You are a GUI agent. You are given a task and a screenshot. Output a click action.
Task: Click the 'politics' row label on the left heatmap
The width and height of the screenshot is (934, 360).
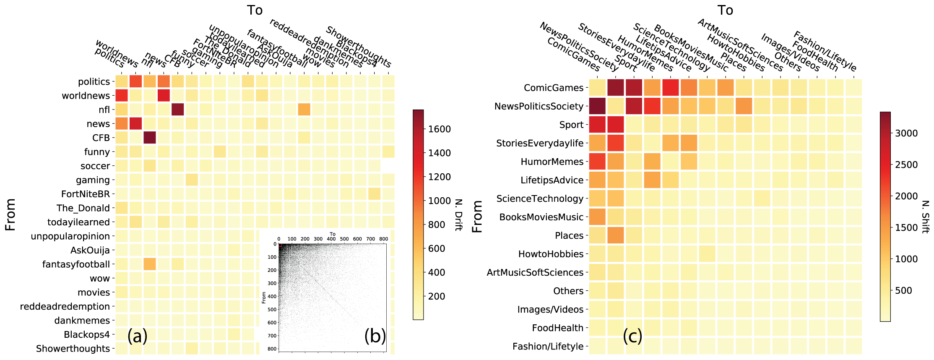(x=94, y=81)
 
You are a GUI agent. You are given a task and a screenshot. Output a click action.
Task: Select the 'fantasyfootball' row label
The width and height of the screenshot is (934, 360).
(x=76, y=264)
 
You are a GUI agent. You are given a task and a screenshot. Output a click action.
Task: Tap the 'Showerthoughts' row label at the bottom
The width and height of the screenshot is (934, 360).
(x=73, y=349)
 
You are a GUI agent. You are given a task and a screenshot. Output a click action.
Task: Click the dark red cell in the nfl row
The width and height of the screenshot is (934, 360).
(x=177, y=110)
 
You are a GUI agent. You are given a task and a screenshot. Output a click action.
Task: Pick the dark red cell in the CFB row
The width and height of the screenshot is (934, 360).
(x=149, y=138)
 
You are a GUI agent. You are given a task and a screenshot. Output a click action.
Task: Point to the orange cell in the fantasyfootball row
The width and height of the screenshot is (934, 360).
(x=149, y=264)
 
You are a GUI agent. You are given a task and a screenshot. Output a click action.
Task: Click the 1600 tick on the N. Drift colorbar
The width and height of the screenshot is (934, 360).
(x=439, y=129)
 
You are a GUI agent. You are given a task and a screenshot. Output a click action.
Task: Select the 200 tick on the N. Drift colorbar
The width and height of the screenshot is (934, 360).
(x=436, y=296)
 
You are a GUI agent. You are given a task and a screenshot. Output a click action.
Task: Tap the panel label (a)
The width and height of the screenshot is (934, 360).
(x=137, y=336)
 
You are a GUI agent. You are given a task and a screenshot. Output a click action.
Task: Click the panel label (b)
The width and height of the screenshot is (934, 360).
(x=375, y=336)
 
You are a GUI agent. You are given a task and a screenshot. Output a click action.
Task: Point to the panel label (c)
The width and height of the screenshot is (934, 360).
(x=632, y=336)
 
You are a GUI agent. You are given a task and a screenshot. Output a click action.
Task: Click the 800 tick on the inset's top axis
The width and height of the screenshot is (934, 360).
(x=383, y=239)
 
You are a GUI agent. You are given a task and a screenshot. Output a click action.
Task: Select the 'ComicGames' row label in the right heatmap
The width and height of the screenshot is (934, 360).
(x=554, y=88)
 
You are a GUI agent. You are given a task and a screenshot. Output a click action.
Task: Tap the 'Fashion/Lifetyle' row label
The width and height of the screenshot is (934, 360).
(x=548, y=347)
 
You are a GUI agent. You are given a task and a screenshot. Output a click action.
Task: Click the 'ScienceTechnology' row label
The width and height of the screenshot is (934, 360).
(x=540, y=198)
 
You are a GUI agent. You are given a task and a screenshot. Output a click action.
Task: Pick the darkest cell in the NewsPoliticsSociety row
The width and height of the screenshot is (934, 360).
(x=597, y=106)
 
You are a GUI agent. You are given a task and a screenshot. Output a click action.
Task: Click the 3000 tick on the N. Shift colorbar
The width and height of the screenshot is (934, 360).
(x=906, y=133)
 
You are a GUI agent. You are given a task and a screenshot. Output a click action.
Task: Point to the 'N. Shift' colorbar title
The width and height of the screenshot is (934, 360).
(x=925, y=216)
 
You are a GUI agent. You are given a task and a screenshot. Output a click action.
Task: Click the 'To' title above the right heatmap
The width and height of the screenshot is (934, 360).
(x=725, y=10)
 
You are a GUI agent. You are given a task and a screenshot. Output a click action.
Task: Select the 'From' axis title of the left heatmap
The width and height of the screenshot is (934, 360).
(x=10, y=215)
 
